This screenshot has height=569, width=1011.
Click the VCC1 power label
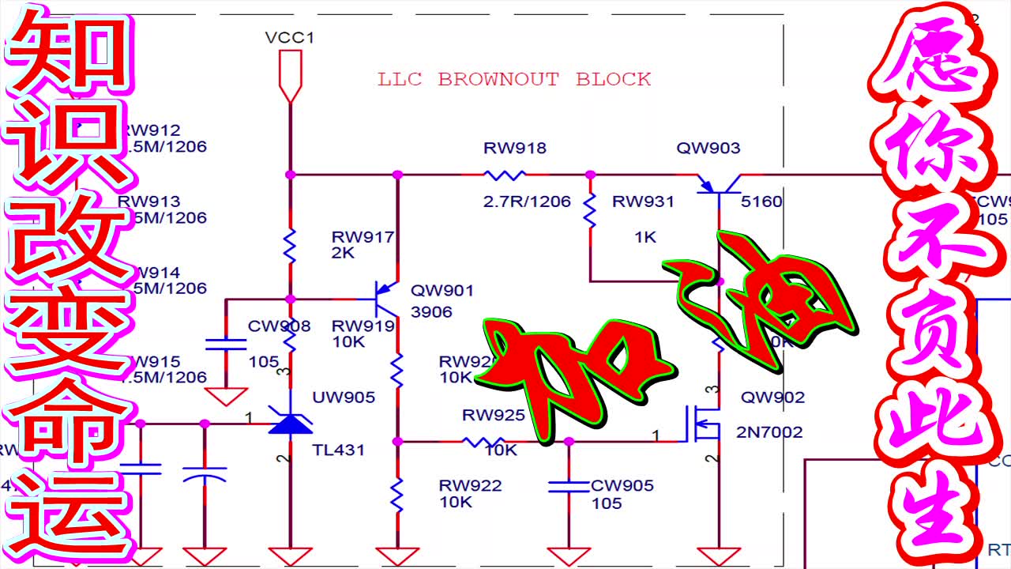(290, 37)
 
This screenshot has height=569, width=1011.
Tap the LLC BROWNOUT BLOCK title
(514, 79)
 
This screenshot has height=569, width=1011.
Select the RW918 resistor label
(515, 148)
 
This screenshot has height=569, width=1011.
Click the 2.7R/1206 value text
(526, 202)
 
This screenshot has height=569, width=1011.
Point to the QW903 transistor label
(708, 148)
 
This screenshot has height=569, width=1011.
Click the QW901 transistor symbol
(386, 299)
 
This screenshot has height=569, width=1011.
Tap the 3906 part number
(431, 312)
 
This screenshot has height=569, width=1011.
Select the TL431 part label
(338, 450)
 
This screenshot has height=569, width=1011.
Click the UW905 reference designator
(344, 397)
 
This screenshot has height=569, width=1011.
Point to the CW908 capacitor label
(279, 326)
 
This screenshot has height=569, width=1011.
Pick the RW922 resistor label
(471, 485)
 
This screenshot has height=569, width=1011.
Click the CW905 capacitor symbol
(569, 485)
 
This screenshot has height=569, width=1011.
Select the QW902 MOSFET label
(772, 397)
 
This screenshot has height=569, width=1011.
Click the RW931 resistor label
(643, 202)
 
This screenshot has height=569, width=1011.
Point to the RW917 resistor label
(363, 236)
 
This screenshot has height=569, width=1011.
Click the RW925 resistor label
(494, 415)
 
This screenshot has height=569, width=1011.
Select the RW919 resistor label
(363, 326)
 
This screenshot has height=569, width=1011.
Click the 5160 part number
(761, 202)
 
